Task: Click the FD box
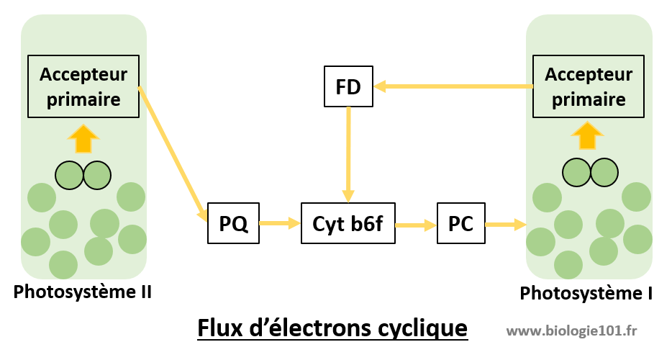tap(349, 86)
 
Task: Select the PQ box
tap(233, 224)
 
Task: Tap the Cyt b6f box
tap(348, 224)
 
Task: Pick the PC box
tap(460, 224)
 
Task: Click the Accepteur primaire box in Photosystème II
tap(83, 86)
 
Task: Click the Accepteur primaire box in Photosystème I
tap(589, 86)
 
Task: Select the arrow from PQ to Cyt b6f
tap(280, 224)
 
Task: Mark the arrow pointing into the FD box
tap(453, 86)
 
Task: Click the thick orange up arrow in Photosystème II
tap(84, 138)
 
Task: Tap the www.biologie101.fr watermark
tap(572, 330)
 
